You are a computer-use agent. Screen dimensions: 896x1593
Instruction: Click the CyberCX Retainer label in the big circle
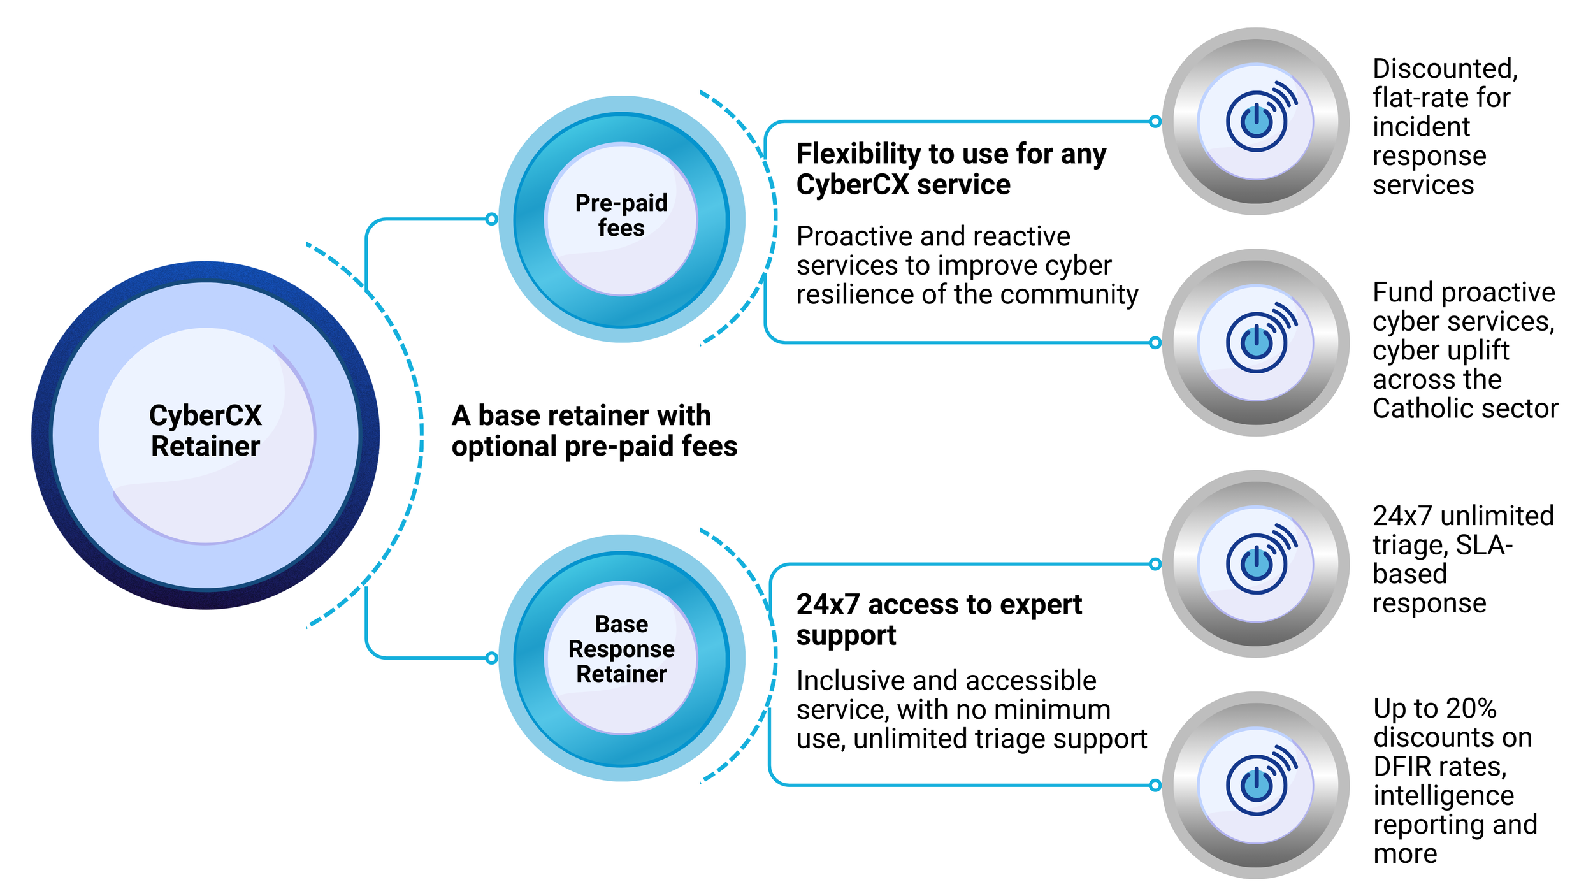pyautogui.click(x=205, y=431)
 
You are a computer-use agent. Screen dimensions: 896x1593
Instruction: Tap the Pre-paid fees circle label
pyautogui.click(x=621, y=215)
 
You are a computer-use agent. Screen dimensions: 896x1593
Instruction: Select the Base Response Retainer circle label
pyautogui.click(x=621, y=649)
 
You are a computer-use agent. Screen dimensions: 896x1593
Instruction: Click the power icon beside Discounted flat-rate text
pyautogui.click(x=1257, y=121)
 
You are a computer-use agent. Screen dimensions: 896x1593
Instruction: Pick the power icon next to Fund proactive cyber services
pyautogui.click(x=1257, y=343)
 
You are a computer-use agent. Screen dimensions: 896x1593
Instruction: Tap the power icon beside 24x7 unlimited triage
pyautogui.click(x=1257, y=564)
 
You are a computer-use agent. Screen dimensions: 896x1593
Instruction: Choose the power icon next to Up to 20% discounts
pyautogui.click(x=1257, y=785)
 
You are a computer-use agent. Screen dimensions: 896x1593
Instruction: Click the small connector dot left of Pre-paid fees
pyautogui.click(x=491, y=219)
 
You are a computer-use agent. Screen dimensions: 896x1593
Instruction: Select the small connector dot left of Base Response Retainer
pyautogui.click(x=491, y=658)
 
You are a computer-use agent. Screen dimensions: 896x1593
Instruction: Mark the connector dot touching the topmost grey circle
pyautogui.click(x=1155, y=121)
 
